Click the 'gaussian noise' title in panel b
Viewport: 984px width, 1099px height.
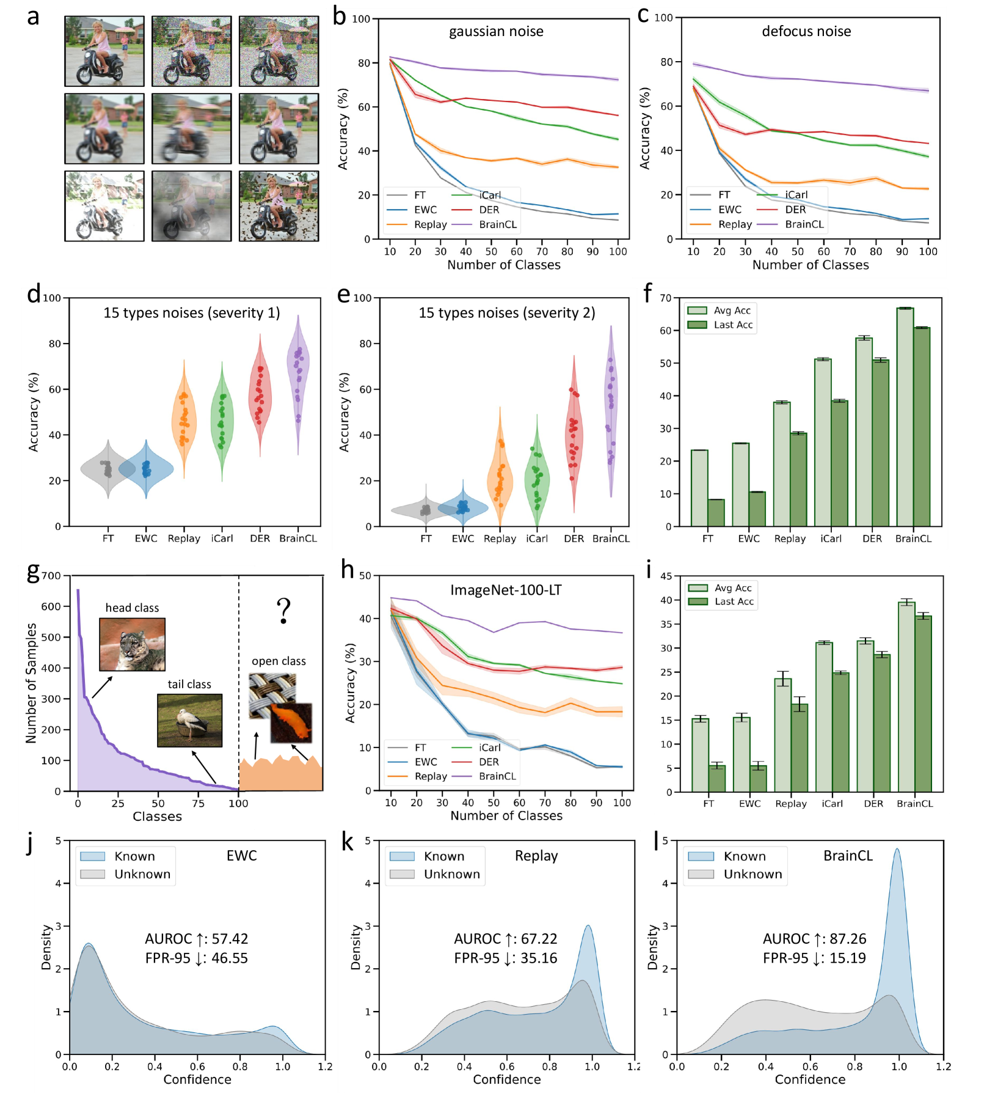pyautogui.click(x=496, y=31)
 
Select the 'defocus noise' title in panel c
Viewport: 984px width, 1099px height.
pyautogui.click(x=806, y=31)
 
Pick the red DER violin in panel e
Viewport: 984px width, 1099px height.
pyautogui.click(x=574, y=428)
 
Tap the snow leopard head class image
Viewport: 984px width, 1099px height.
pyautogui.click(x=132, y=644)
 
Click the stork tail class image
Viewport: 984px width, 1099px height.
pyautogui.click(x=189, y=720)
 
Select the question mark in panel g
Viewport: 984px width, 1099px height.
pyautogui.click(x=283, y=610)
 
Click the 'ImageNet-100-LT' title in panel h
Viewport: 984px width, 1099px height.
pyautogui.click(x=506, y=590)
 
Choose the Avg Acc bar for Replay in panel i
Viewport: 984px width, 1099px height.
pyautogui.click(x=782, y=735)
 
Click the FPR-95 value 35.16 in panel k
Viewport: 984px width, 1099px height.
pyautogui.click(x=538, y=958)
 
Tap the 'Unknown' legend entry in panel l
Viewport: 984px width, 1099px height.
pyautogui.click(x=752, y=874)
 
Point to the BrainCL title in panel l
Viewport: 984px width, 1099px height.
pyautogui.click(x=848, y=855)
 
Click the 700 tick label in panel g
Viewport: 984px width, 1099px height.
pyautogui.click(x=51, y=576)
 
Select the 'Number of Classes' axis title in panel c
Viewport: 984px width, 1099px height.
pyautogui.click(x=810, y=265)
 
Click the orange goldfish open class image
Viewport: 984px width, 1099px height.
pyautogui.click(x=292, y=722)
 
